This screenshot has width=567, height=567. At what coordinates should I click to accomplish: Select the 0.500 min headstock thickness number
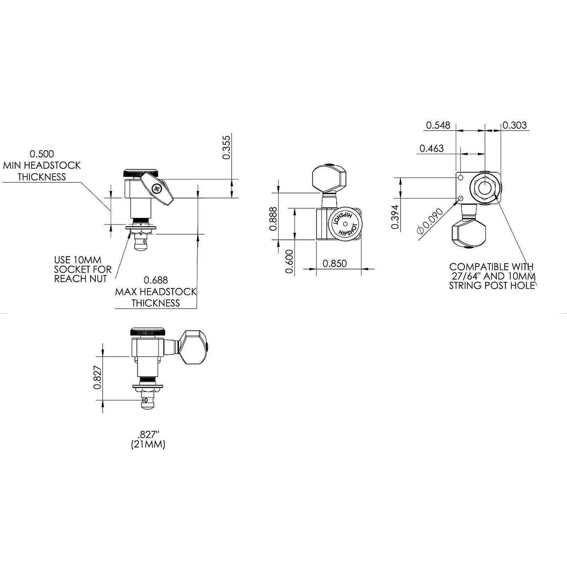(x=42, y=154)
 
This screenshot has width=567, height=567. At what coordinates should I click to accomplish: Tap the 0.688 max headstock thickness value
(x=156, y=280)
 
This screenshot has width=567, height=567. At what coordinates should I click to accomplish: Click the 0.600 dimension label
(x=290, y=262)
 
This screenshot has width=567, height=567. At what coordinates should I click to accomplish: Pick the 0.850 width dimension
(x=335, y=263)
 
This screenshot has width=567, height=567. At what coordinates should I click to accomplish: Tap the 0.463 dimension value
(x=431, y=148)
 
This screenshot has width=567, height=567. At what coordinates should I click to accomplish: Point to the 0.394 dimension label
(x=395, y=217)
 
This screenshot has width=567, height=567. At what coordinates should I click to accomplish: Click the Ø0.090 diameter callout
(x=430, y=221)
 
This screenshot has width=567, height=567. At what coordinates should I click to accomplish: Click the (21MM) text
(x=148, y=445)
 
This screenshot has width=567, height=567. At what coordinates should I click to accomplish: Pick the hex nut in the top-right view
(x=485, y=188)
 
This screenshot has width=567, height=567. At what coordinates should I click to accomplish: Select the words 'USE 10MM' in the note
(x=77, y=260)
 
